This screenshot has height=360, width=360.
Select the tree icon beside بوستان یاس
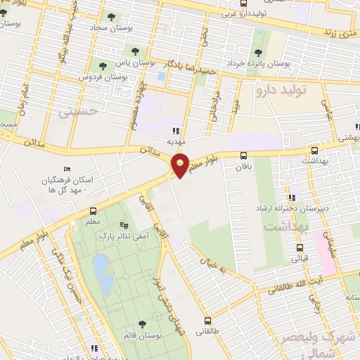point(134,51)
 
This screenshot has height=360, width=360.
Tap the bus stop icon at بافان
point(244,156)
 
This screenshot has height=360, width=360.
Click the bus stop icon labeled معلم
point(93,211)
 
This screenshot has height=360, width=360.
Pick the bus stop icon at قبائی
point(300,247)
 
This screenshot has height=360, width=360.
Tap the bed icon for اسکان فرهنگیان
point(67,169)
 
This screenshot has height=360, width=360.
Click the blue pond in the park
point(103,274)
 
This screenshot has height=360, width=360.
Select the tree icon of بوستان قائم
point(143,323)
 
